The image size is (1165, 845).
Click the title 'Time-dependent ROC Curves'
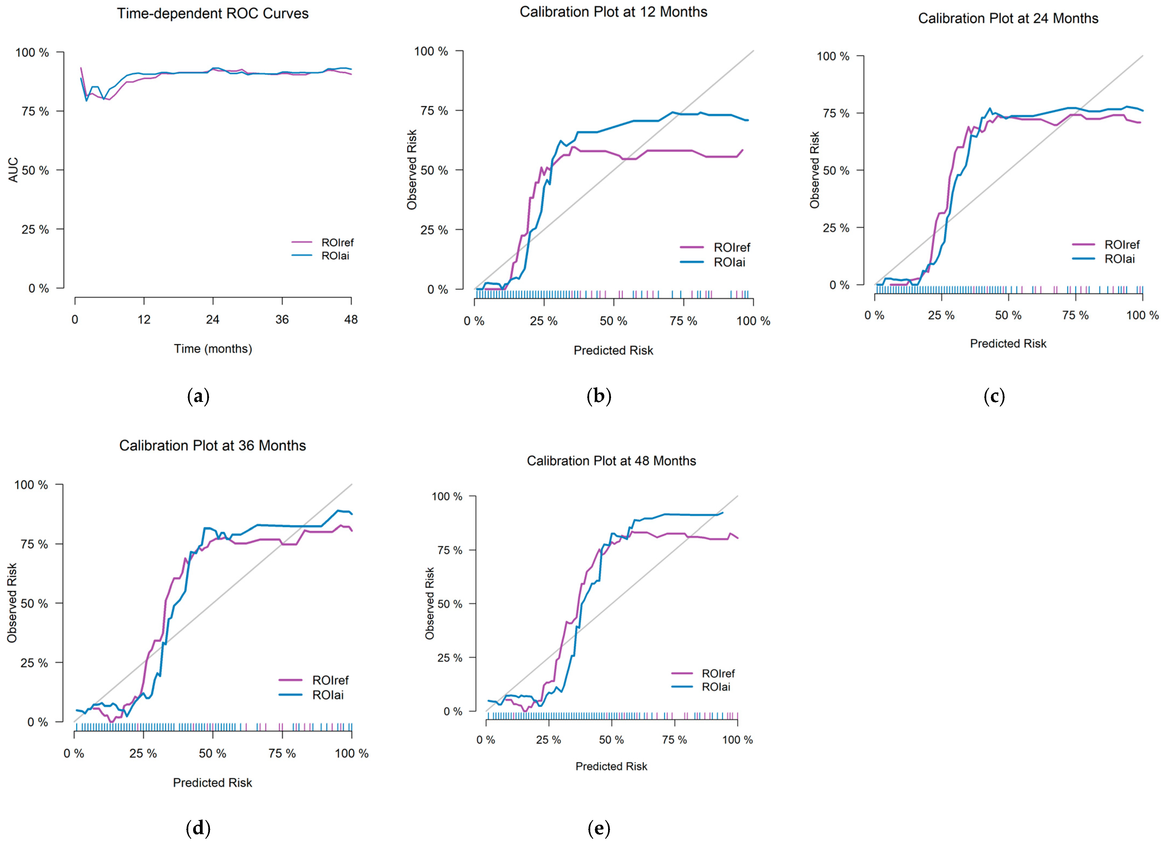213,13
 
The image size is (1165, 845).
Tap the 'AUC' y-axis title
13,170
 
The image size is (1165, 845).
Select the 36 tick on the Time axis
282,320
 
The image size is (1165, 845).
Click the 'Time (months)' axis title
213,349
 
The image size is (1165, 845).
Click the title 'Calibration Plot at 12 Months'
613,12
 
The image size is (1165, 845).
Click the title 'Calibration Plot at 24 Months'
1008,18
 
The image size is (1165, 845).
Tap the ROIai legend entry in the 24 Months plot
1119,259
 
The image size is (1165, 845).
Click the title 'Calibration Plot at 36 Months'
213,446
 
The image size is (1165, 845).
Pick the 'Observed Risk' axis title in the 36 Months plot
12,603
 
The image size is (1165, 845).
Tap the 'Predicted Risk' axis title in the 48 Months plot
611,766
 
